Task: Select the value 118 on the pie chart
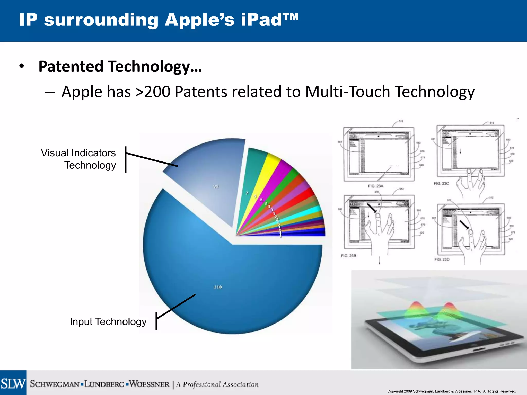pyautogui.click(x=218, y=287)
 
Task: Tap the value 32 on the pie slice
pyautogui.click(x=216, y=186)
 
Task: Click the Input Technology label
pyautogui.click(x=108, y=322)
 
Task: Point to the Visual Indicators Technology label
pyautogui.click(x=78, y=159)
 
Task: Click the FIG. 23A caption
pyautogui.click(x=375, y=186)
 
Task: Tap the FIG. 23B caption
pyautogui.click(x=348, y=256)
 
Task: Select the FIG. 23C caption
pyautogui.click(x=441, y=183)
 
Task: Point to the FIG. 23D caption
pyautogui.click(x=442, y=259)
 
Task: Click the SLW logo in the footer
pyautogui.click(x=13, y=383)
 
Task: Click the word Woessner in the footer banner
pyautogui.click(x=149, y=384)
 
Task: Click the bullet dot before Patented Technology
pyautogui.click(x=22, y=66)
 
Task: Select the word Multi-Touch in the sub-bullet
pyautogui.click(x=347, y=92)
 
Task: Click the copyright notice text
pyautogui.click(x=451, y=391)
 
